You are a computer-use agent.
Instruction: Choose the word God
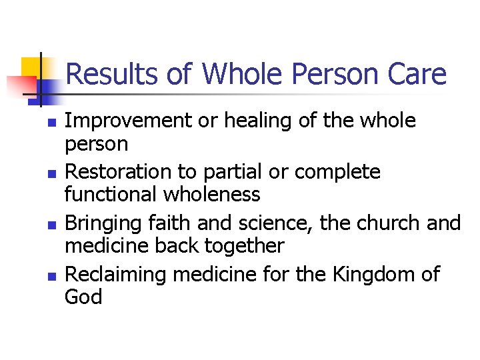pyautogui.click(x=83, y=297)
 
